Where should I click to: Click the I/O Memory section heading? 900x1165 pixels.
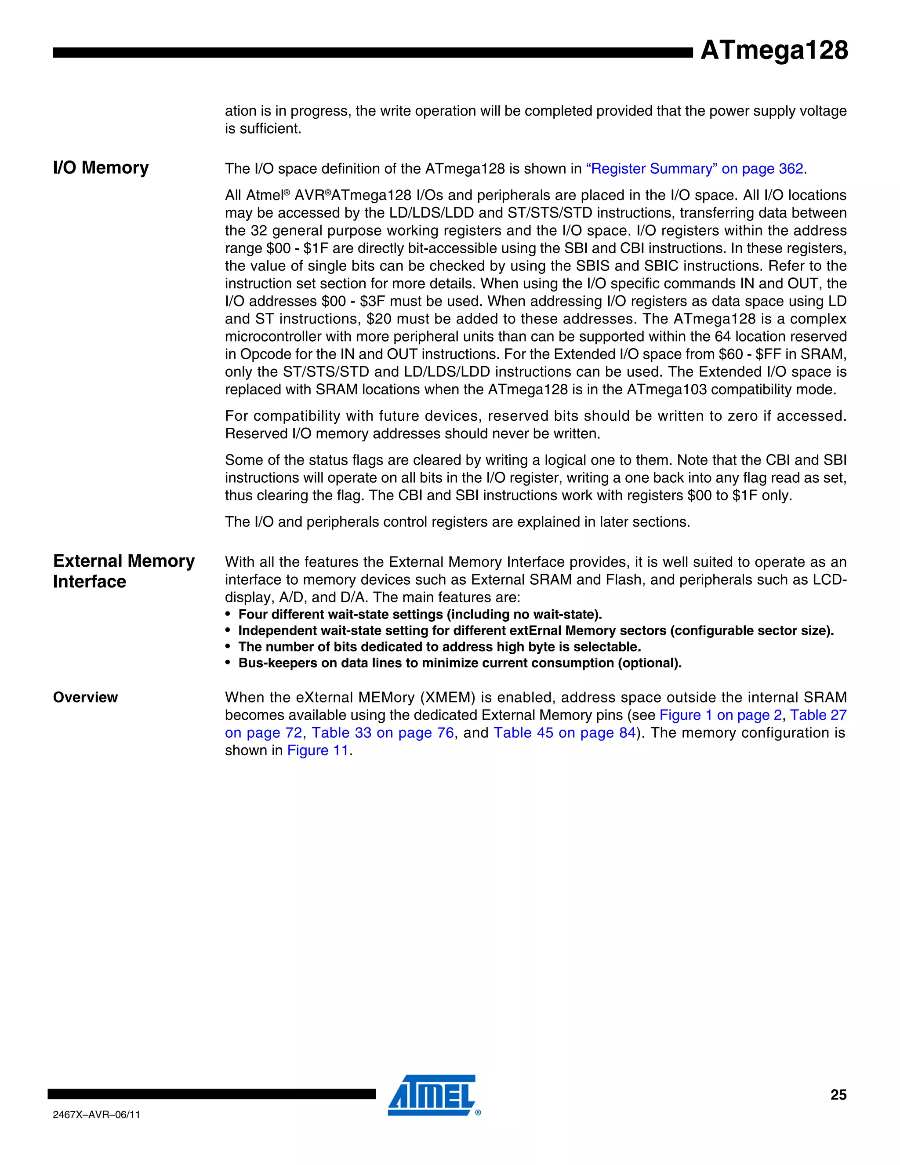tap(101, 167)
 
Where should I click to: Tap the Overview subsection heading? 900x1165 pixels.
tap(85, 697)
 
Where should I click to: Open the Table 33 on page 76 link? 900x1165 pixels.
tap(382, 732)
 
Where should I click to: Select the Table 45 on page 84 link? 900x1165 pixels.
tap(565, 732)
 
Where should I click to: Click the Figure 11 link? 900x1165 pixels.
tap(318, 750)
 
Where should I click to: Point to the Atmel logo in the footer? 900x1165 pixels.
tap(432, 1094)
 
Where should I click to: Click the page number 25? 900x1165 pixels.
tap(838, 1095)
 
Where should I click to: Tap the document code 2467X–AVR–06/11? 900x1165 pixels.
tap(97, 1114)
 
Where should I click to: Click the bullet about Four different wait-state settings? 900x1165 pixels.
tap(420, 615)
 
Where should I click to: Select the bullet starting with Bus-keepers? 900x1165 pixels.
tap(460, 663)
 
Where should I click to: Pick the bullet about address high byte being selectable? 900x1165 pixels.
tap(439, 647)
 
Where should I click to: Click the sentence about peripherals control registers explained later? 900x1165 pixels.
tap(457, 522)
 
